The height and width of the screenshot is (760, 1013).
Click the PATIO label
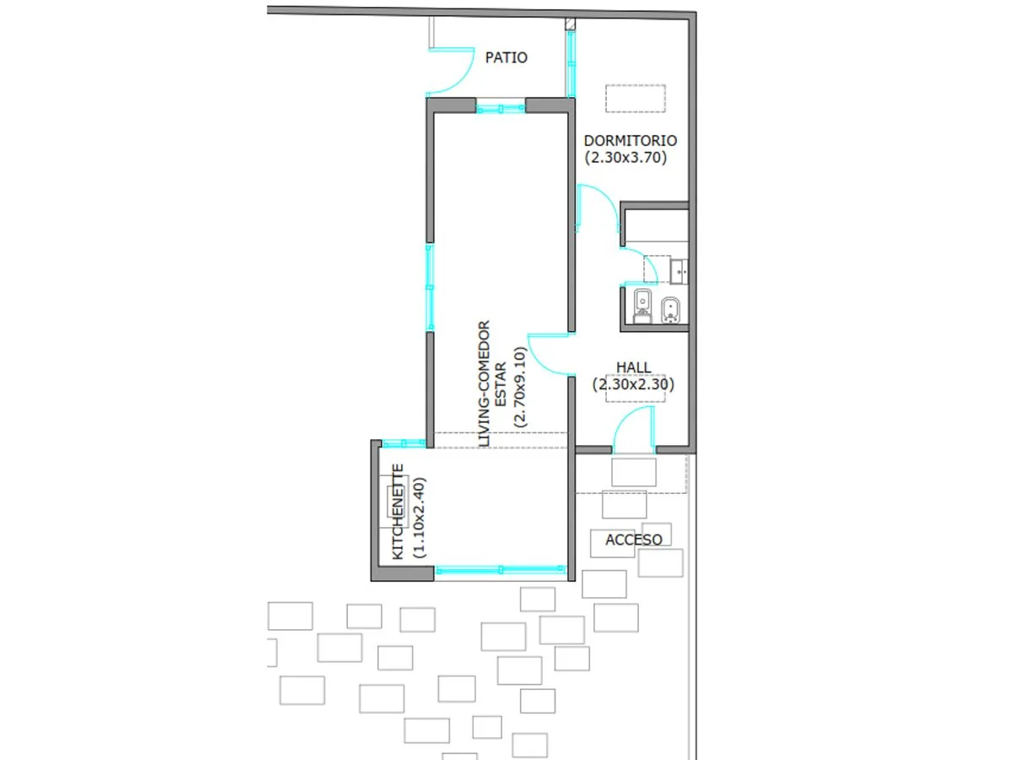click(506, 57)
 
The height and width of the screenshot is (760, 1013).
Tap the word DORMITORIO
click(630, 141)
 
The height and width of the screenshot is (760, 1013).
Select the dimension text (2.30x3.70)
click(626, 158)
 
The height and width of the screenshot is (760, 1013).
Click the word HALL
click(634, 367)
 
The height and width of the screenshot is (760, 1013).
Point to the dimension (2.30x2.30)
click(633, 384)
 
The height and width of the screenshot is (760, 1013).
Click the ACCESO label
click(634, 540)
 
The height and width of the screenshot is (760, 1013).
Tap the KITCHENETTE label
click(398, 512)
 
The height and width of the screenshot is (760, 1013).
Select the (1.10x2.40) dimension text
click(419, 518)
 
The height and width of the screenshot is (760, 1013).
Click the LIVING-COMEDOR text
click(483, 383)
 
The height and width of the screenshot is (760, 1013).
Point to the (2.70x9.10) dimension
click(519, 387)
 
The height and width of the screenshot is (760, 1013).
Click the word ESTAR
click(501, 384)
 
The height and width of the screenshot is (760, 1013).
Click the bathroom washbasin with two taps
click(679, 271)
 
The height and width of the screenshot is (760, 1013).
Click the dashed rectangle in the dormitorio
click(635, 98)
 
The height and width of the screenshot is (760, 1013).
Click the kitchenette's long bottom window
click(501, 570)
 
